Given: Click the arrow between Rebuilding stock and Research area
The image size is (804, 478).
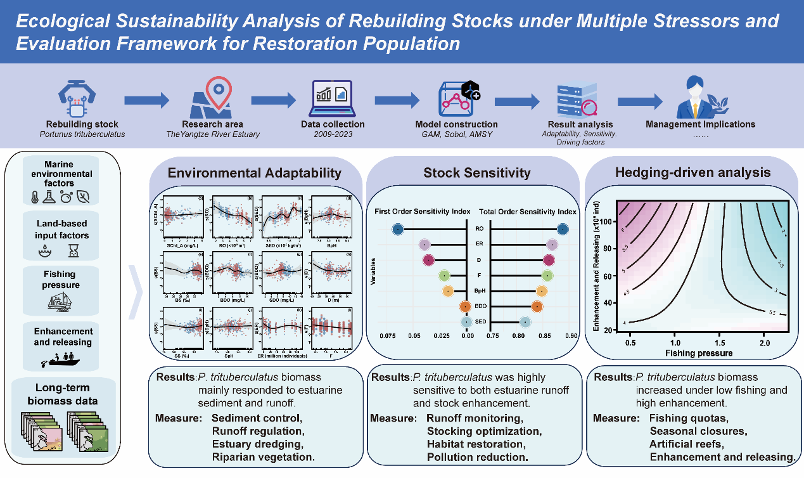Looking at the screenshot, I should (146, 100).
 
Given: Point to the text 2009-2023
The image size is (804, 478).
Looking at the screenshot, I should (333, 135).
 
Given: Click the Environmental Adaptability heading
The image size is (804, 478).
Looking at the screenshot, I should (254, 172).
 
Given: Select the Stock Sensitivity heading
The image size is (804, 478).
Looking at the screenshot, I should (472, 172).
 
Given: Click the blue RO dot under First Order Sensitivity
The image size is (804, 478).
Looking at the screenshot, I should (397, 229).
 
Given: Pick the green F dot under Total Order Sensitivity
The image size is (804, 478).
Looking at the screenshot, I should (547, 275).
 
